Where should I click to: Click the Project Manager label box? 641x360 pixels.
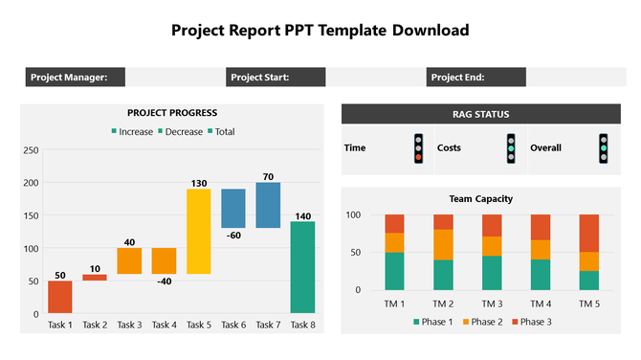pyautogui.click(x=76, y=78)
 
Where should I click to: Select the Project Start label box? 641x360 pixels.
pyautogui.click(x=276, y=78)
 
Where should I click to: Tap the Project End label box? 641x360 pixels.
pyautogui.click(x=475, y=78)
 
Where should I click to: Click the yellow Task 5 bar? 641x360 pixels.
pyautogui.click(x=199, y=231)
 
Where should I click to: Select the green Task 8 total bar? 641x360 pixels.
pyautogui.click(x=302, y=267)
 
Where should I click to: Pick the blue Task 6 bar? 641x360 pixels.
pyautogui.click(x=233, y=208)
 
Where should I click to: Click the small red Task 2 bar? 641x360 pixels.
pyautogui.click(x=95, y=278)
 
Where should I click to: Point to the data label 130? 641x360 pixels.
pyautogui.click(x=199, y=183)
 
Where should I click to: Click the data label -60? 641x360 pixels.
pyautogui.click(x=233, y=235)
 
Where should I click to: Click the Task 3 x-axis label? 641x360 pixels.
pyautogui.click(x=129, y=326)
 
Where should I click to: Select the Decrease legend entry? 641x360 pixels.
pyautogui.click(x=179, y=131)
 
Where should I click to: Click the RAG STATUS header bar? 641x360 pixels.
pyautogui.click(x=480, y=114)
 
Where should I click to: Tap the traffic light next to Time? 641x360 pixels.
pyautogui.click(x=418, y=148)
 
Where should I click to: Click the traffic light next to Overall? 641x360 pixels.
pyautogui.click(x=603, y=148)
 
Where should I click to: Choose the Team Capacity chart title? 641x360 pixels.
pyautogui.click(x=480, y=199)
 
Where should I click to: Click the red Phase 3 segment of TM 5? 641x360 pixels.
pyautogui.click(x=588, y=233)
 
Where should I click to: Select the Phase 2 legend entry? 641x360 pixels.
pyautogui.click(x=480, y=321)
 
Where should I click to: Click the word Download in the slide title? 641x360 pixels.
pyautogui.click(x=429, y=30)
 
